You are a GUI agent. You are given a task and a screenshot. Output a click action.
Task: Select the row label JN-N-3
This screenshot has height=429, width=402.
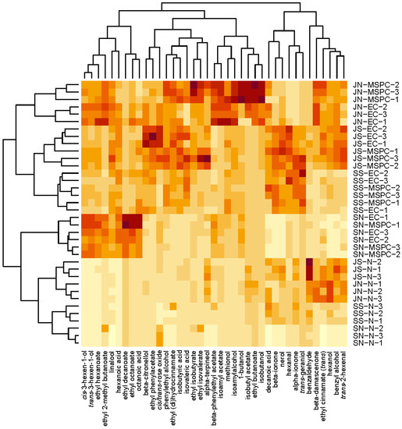[x=364, y=298]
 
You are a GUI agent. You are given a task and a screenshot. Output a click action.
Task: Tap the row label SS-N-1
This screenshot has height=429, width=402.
[x=364, y=320]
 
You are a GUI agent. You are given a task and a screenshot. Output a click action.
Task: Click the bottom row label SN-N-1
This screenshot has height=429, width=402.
[x=364, y=342]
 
